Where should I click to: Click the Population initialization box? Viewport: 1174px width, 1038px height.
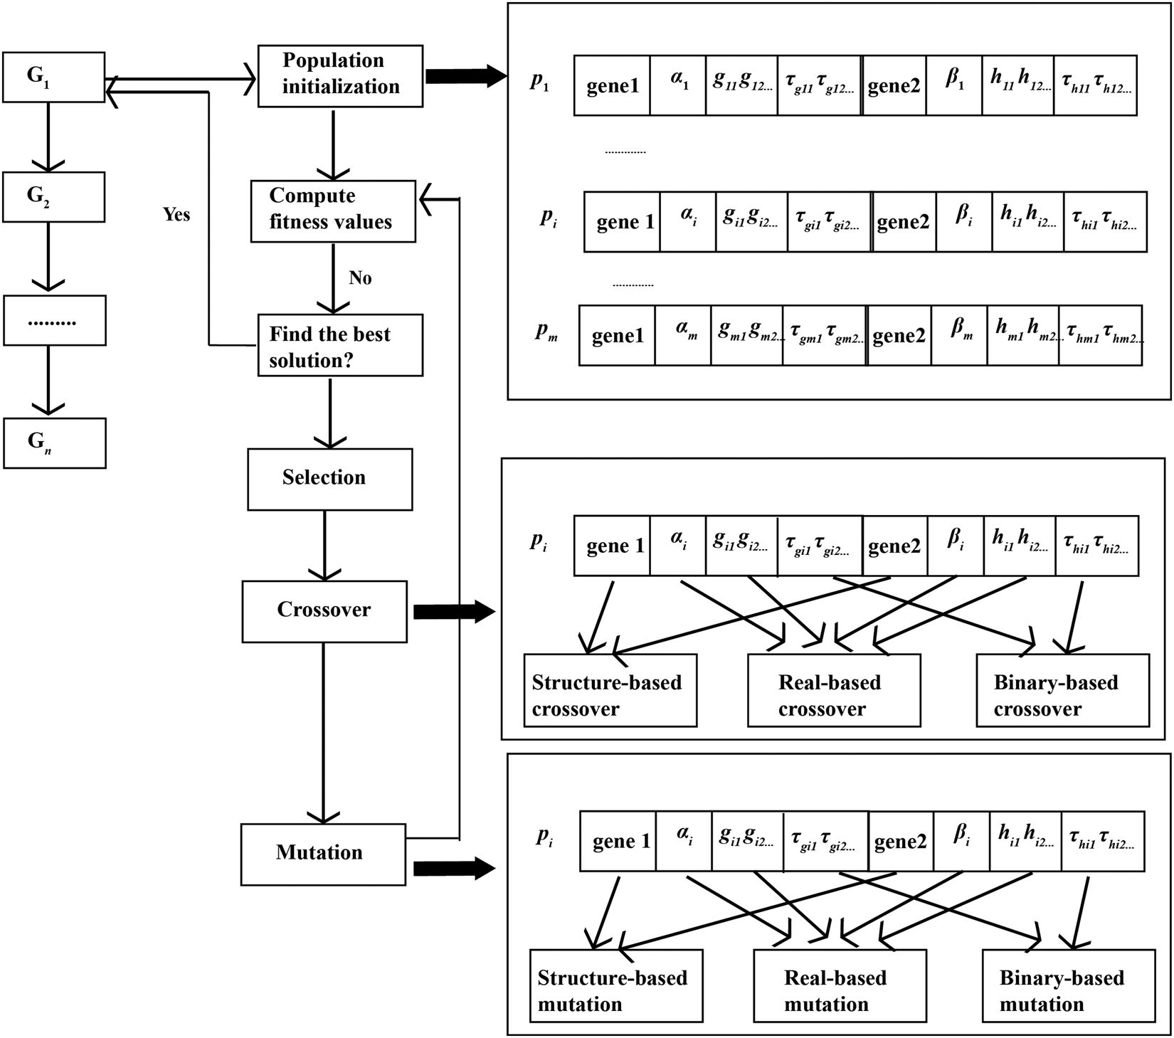(x=340, y=76)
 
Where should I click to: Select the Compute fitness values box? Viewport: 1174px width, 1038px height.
(x=332, y=211)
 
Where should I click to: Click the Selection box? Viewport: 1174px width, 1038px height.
(x=329, y=479)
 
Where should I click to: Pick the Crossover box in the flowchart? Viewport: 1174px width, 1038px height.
(x=324, y=611)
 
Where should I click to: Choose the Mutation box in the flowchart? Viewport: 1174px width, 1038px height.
(x=323, y=854)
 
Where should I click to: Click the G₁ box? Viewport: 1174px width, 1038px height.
(x=54, y=76)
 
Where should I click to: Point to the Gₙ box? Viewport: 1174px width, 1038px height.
(x=54, y=443)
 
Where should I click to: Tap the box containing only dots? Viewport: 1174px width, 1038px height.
(x=54, y=320)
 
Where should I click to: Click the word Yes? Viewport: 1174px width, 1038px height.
(x=176, y=214)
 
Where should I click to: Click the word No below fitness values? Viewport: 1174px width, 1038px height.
(x=360, y=278)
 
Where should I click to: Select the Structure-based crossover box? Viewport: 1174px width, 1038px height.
(x=610, y=690)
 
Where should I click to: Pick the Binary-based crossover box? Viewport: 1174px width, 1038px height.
(x=1062, y=690)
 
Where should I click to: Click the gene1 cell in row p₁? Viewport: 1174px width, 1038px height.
(x=612, y=86)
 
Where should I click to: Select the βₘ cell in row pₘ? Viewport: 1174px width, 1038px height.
(x=959, y=335)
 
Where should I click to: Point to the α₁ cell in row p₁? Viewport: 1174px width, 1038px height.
(x=677, y=86)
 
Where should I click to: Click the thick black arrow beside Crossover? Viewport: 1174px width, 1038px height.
(x=453, y=611)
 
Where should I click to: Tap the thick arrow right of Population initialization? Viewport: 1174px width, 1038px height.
(x=465, y=75)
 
